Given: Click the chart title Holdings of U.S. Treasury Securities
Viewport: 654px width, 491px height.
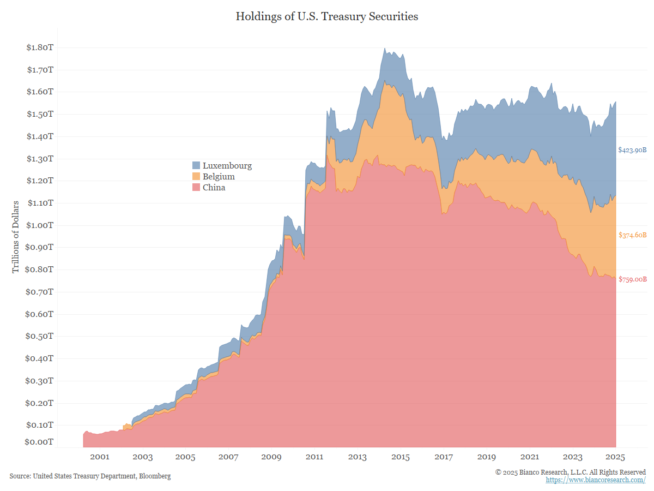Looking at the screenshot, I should [327, 16].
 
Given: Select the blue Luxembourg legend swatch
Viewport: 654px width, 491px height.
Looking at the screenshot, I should [196, 165].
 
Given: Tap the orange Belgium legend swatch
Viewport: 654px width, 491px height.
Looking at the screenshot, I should [196, 176].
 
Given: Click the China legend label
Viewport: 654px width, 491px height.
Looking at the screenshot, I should [214, 188].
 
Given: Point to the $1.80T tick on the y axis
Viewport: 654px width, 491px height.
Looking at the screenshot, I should [40, 47].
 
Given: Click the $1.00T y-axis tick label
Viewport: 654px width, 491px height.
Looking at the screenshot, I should [40, 225].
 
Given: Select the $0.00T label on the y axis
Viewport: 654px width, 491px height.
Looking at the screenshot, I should [40, 442].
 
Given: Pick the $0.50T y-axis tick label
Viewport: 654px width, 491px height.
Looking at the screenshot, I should [40, 336].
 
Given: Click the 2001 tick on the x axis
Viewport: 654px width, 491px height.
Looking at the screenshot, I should [100, 457].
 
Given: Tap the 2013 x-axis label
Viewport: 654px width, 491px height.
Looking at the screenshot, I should [358, 457].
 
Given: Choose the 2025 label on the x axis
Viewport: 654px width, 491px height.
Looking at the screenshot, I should [615, 457].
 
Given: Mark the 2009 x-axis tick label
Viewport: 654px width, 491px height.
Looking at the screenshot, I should [271, 457].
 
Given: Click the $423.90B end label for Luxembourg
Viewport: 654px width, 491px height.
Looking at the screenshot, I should [632, 150].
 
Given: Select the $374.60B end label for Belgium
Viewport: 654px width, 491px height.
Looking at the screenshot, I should [632, 235].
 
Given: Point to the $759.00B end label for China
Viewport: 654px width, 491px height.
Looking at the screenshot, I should [632, 279].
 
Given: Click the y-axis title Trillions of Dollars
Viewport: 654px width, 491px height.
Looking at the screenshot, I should [16, 236].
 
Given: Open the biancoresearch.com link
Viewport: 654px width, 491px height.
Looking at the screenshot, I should [596, 480].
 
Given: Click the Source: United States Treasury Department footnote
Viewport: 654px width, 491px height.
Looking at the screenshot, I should [90, 476].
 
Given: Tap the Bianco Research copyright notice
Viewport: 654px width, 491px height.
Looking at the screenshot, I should [571, 472].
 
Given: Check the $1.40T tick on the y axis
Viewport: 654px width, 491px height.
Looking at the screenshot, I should [40, 136].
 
